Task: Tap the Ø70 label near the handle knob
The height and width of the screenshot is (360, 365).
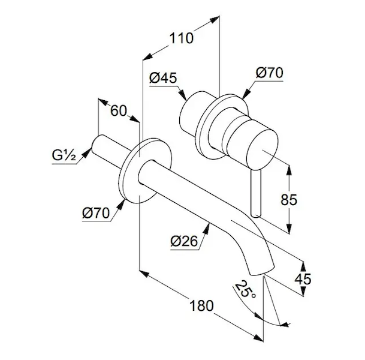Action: pyautogui.click(x=269, y=73)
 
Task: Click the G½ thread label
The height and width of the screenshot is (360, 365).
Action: pyautogui.click(x=62, y=156)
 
